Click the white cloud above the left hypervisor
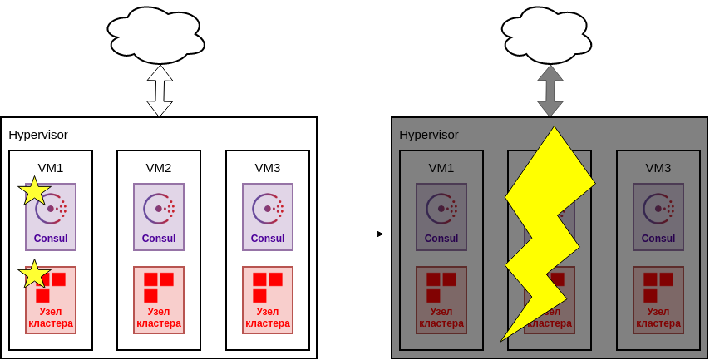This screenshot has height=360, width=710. tap(155, 36)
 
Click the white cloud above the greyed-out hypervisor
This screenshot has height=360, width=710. tap(547, 36)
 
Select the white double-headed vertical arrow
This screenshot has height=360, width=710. tap(160, 91)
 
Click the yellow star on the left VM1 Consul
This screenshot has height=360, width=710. tap(34, 191)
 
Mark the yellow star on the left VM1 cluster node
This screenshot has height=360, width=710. tap(34, 274)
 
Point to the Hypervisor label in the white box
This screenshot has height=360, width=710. tap(38, 134)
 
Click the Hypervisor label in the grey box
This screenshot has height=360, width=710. tap(429, 134)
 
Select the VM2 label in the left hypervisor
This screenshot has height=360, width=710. tap(159, 167)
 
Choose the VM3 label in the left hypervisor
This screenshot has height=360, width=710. tap(268, 167)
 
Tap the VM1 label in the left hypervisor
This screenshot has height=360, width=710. tap(51, 167)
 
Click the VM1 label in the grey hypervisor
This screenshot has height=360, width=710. tap(441, 167)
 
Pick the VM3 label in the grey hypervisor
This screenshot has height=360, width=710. tap(658, 167)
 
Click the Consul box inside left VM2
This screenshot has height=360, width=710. tap(159, 217)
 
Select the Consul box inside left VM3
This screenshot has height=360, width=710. tap(268, 217)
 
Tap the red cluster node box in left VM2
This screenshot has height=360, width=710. tap(159, 300)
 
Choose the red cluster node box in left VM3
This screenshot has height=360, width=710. tap(268, 300)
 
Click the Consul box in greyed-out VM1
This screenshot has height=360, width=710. tap(441, 217)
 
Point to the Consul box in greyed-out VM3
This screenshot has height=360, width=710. tap(658, 217)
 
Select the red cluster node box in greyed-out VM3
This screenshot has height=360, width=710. tap(658, 300)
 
